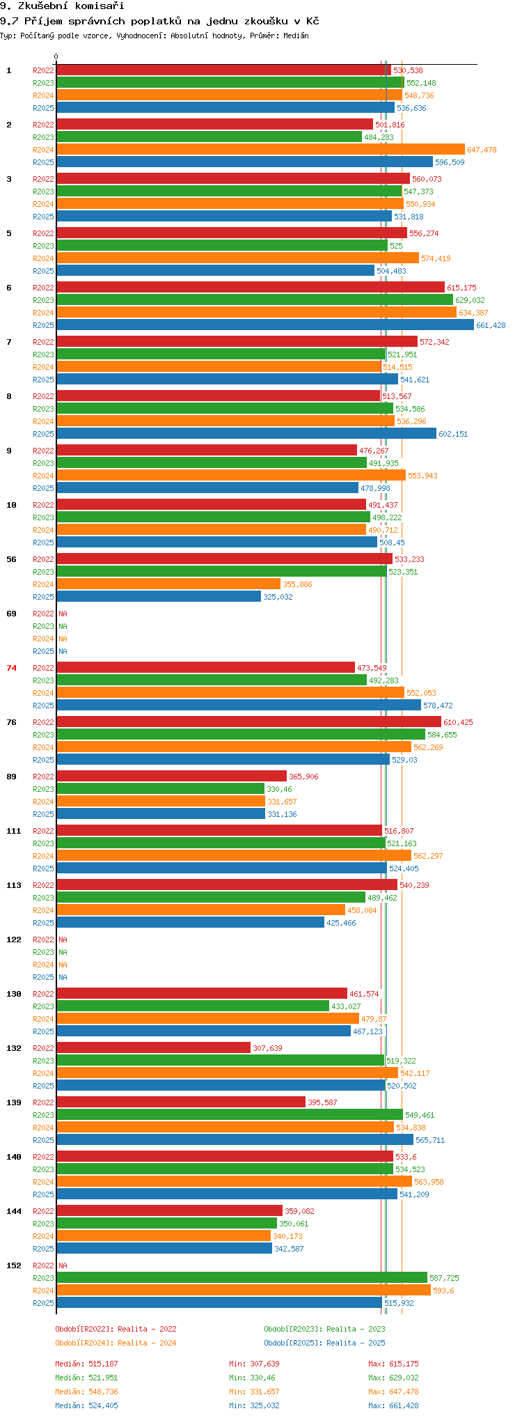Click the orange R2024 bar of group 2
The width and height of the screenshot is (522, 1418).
(x=260, y=150)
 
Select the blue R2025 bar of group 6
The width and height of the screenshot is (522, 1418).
(x=265, y=325)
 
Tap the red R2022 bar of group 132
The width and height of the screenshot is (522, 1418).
(x=153, y=1048)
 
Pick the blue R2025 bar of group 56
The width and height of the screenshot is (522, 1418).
(x=159, y=597)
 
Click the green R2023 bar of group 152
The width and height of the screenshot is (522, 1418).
(x=242, y=1278)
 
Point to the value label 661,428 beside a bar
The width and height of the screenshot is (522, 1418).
(x=491, y=326)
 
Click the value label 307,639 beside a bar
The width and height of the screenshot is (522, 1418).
(x=267, y=1049)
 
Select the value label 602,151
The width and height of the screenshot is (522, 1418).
(x=453, y=435)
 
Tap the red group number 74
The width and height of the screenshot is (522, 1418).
(x=12, y=668)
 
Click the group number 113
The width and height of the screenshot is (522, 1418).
(x=14, y=885)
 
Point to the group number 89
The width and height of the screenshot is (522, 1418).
(x=12, y=777)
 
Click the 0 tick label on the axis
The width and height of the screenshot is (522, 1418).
(x=56, y=57)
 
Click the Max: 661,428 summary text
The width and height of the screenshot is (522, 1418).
(x=393, y=1405)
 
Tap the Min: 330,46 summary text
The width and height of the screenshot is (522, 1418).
(x=252, y=1378)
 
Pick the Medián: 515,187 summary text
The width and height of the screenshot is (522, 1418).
(x=87, y=1364)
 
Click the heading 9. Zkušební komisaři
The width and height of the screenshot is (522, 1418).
(x=62, y=6)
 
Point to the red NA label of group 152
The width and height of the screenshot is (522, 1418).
(x=63, y=1265)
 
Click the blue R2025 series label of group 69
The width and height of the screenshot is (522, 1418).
(x=43, y=651)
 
